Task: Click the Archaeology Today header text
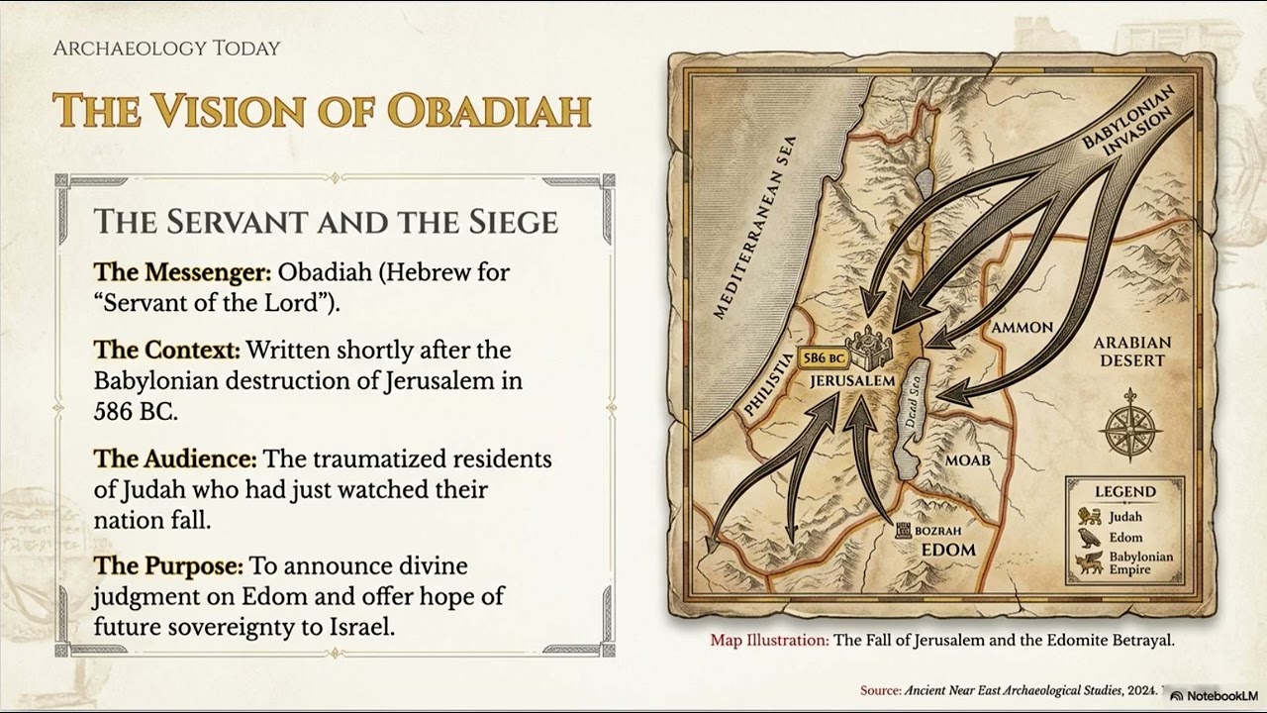tap(166, 48)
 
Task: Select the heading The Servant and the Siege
tap(326, 221)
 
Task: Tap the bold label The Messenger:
tap(182, 271)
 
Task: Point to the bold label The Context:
tap(167, 350)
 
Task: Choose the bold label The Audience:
tap(175, 458)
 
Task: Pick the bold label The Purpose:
tap(168, 565)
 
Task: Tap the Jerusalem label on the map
tap(852, 380)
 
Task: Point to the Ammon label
tap(1022, 327)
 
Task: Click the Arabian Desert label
tap(1131, 352)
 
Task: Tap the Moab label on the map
tap(967, 459)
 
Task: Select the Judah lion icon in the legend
tap(1090, 515)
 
